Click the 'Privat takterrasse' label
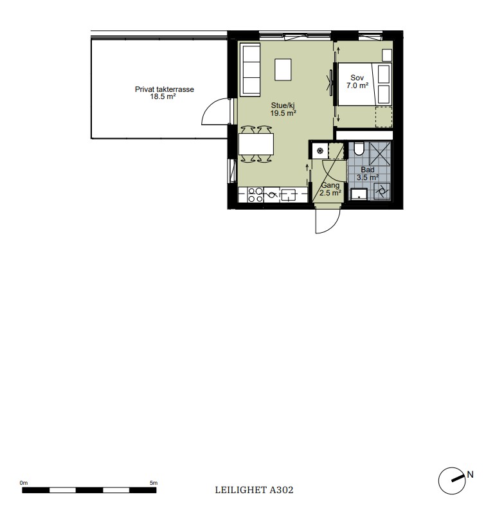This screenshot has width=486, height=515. click(164, 89)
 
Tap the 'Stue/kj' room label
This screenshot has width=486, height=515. click(283, 105)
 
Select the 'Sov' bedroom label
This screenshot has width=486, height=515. click(357, 78)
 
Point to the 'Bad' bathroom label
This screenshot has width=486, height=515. click(368, 170)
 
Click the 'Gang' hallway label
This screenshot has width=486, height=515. click(330, 185)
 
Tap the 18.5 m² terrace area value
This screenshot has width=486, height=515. click(163, 96)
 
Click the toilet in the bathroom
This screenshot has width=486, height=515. click(359, 149)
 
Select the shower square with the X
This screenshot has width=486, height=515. click(380, 154)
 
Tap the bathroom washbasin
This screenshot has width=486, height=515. click(359, 194)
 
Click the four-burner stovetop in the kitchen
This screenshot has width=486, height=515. click(255, 195)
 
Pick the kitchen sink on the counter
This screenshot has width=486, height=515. click(288, 195)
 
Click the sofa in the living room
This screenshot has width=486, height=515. click(250, 69)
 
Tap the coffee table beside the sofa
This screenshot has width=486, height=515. click(283, 69)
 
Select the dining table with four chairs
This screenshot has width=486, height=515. click(256, 144)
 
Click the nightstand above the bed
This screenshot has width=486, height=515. click(387, 55)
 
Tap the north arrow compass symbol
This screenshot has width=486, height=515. click(452, 480)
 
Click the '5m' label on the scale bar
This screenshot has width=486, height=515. click(154, 483)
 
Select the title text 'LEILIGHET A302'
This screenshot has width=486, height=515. click(254, 490)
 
